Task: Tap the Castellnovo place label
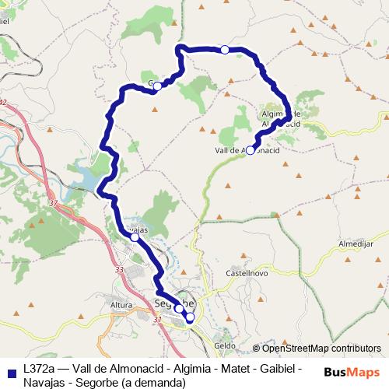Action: pyautogui.click(x=247, y=274)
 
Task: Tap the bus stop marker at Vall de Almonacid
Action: pyautogui.click(x=250, y=152)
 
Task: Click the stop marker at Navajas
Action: pyautogui.click(x=135, y=238)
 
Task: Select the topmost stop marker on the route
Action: pyautogui.click(x=225, y=50)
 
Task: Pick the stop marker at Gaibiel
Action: pyautogui.click(x=157, y=86)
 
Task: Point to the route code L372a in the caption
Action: pyautogui.click(x=40, y=369)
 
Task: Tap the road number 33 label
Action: pyautogui.click(x=119, y=270)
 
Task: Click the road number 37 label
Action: pyautogui.click(x=53, y=204)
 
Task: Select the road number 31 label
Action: pyautogui.click(x=158, y=319)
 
